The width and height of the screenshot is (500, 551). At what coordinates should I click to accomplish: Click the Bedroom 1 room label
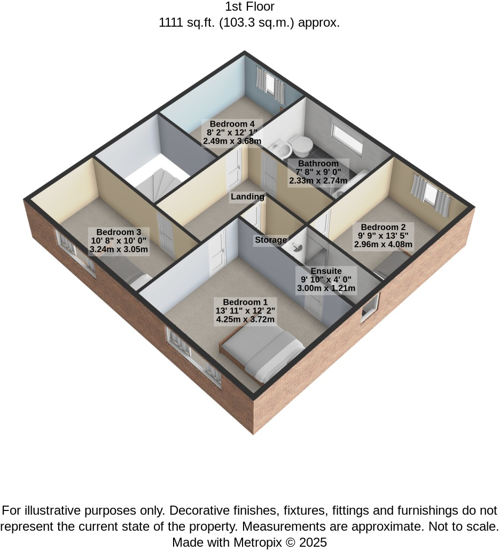[x=245, y=302]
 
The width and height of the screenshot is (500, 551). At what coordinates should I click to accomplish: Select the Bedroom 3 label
[x=119, y=232]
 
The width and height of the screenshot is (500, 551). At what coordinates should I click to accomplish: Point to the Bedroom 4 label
[x=232, y=124]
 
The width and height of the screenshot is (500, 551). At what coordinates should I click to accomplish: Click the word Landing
[x=247, y=197]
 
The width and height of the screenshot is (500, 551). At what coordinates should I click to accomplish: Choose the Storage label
[x=271, y=240]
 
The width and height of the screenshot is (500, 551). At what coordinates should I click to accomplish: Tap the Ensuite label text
[x=326, y=271]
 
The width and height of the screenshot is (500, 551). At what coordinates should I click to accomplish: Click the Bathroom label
[x=318, y=164]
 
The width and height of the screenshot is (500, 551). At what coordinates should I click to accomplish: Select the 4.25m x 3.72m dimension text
[x=245, y=319]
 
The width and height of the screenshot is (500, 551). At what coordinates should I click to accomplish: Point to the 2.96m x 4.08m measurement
[x=383, y=244]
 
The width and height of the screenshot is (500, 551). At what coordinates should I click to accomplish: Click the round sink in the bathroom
[x=283, y=149]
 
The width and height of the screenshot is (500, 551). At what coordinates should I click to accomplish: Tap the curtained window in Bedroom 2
[x=431, y=195]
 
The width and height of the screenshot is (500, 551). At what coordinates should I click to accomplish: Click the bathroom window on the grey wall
[x=347, y=136]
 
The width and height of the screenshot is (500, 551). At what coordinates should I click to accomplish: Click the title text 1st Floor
[x=249, y=7]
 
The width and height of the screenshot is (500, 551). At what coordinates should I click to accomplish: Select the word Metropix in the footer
[x=257, y=542]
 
